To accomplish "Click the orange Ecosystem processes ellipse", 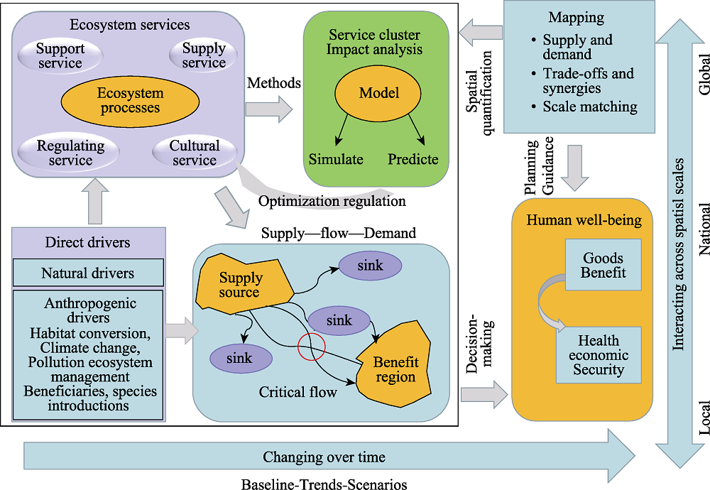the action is click(130, 100).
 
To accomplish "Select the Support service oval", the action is click(60, 55).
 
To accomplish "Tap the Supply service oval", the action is click(203, 55).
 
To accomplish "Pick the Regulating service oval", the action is click(70, 153).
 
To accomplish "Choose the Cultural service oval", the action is click(195, 153).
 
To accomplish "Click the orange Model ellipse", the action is click(378, 93).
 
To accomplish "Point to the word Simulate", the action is click(336, 159).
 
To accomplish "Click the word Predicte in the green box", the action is click(413, 159).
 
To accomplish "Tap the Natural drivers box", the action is click(88, 273).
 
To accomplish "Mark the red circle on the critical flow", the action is click(312, 347).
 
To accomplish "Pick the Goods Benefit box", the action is click(603, 265).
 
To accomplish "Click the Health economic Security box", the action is click(599, 355).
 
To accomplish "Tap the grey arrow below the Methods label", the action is click(269, 109).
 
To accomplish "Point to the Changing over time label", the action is click(324, 457).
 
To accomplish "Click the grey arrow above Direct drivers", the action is click(95, 201).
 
